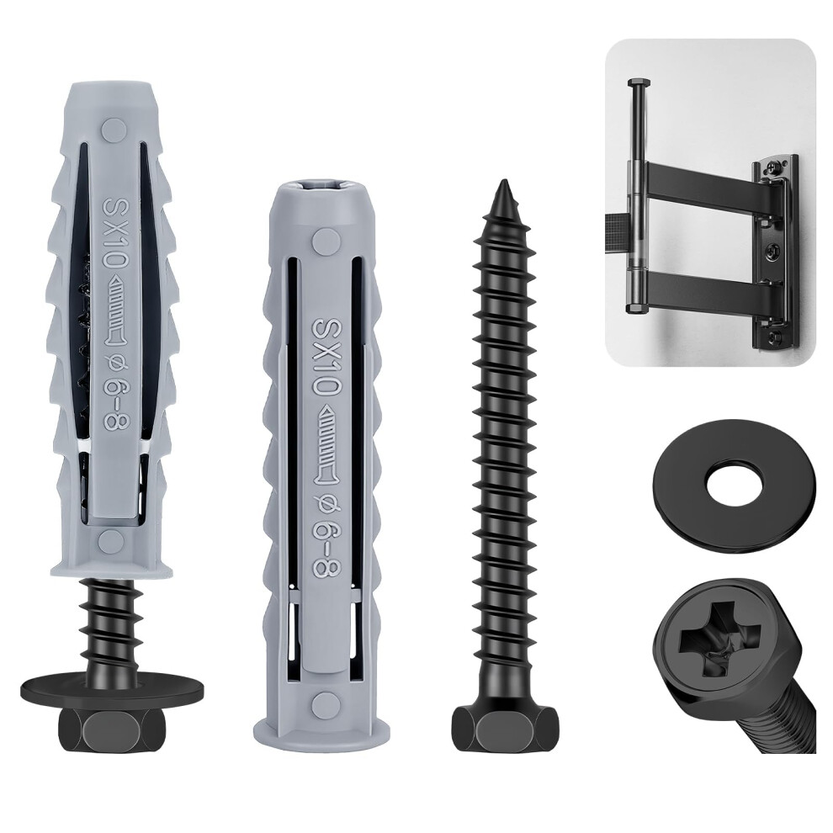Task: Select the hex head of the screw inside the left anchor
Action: [x=112, y=731]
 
